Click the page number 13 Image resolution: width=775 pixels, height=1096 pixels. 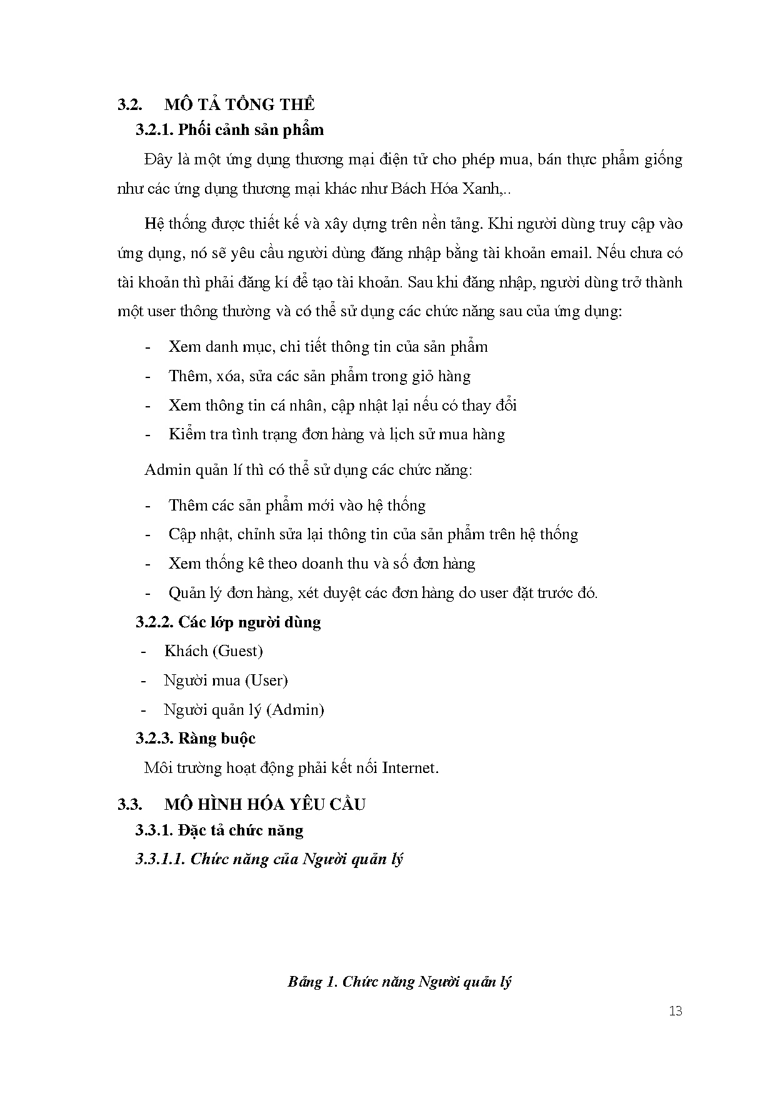(675, 1011)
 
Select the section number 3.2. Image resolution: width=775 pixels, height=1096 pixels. (131, 104)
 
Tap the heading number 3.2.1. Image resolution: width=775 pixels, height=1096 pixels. (154, 130)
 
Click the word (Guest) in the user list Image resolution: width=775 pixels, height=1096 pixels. (237, 651)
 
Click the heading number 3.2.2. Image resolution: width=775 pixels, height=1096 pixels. (154, 622)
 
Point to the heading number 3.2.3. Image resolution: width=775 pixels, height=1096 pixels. (154, 739)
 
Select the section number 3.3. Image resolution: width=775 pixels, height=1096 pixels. (131, 804)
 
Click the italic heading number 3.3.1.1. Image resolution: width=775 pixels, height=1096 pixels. (160, 859)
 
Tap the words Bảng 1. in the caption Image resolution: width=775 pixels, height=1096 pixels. (313, 982)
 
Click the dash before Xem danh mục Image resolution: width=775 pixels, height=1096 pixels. (148, 347)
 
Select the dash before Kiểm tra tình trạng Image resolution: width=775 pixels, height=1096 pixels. (148, 434)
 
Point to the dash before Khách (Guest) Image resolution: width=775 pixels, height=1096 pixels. (144, 651)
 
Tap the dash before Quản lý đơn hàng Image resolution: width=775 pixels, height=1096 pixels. (148, 593)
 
